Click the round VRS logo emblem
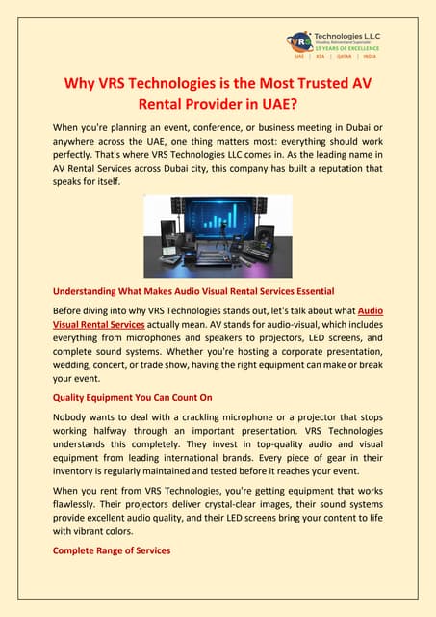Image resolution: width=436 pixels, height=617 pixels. pyautogui.click(x=302, y=42)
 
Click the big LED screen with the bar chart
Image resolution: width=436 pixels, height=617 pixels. pyautogui.click(x=216, y=223)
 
